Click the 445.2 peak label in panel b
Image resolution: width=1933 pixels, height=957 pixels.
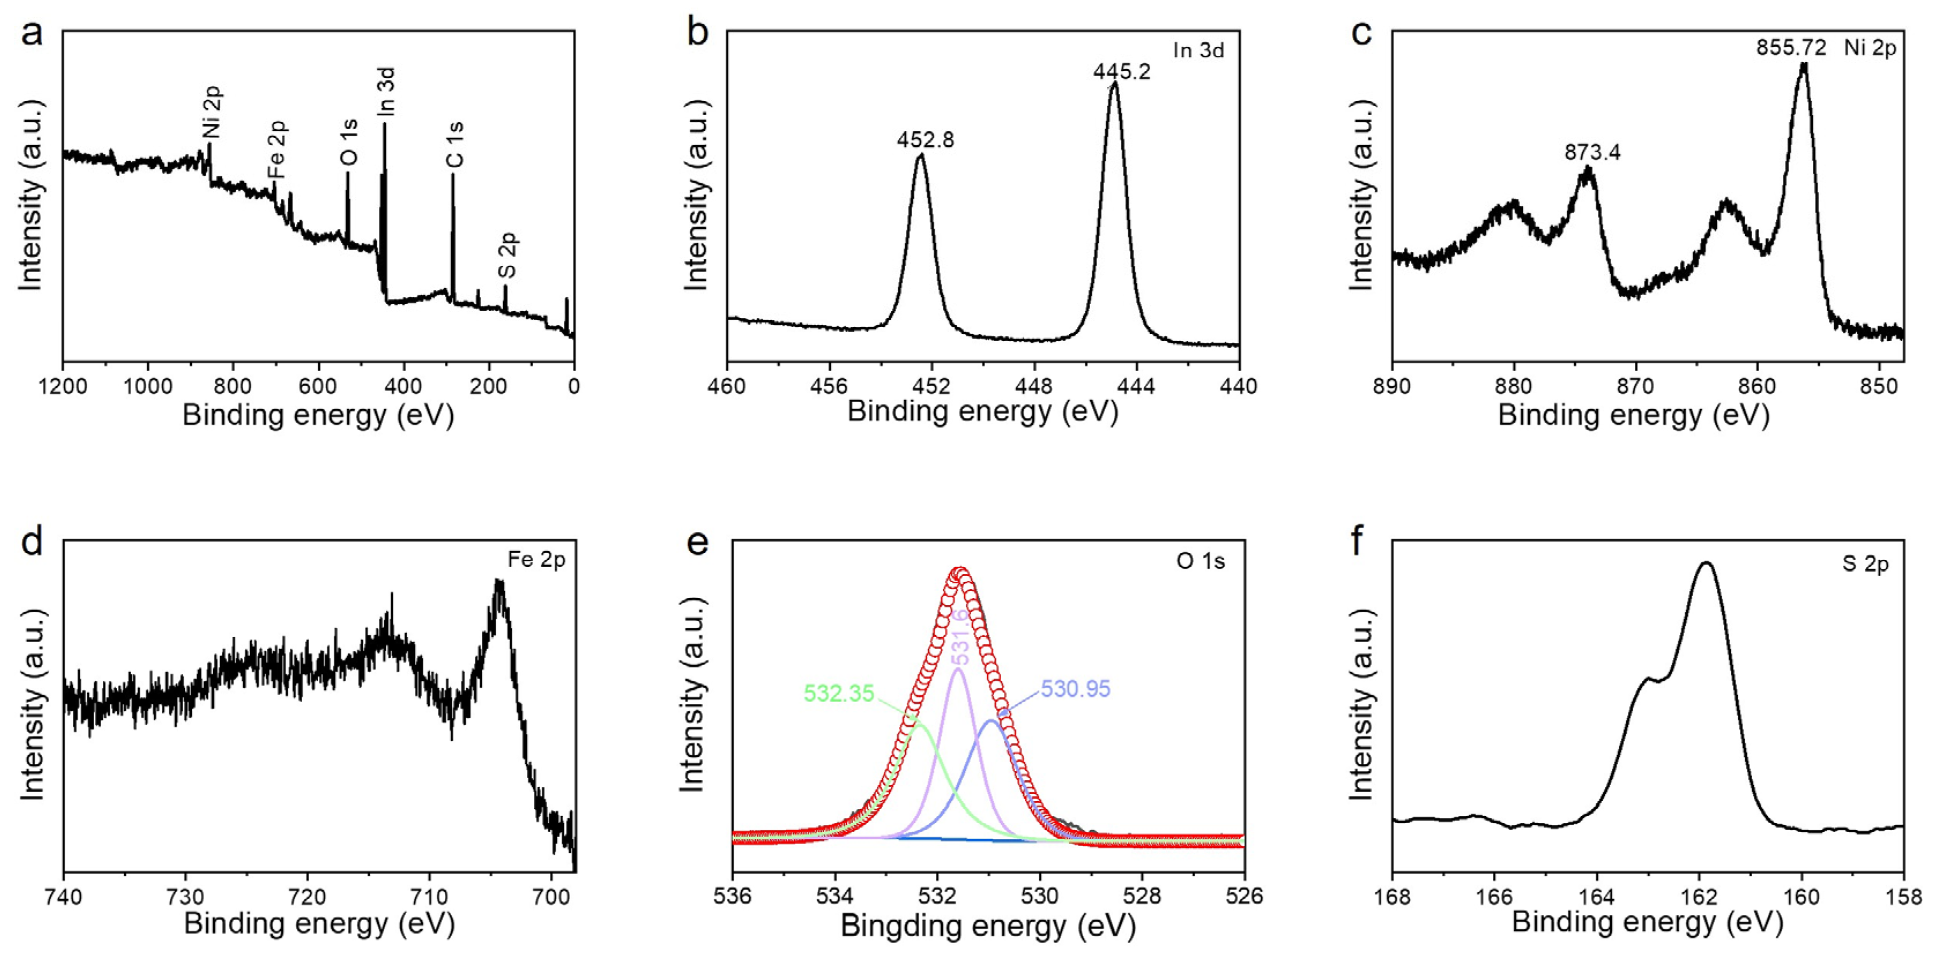coord(1121,72)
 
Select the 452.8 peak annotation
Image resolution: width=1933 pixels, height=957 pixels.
coord(925,140)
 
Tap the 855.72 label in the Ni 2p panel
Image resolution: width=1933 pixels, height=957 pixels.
coord(1790,48)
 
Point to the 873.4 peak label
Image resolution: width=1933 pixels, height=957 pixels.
coord(1592,153)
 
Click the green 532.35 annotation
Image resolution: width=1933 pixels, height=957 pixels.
coord(839,693)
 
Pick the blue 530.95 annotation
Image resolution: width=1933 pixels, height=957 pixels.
coord(1075,689)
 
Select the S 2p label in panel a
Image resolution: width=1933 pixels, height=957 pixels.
coord(508,255)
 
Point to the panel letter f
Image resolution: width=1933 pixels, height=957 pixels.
coord(1356,540)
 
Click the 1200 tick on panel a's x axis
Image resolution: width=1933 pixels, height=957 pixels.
coord(62,387)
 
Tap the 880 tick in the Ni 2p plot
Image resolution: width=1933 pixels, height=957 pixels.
coord(1514,387)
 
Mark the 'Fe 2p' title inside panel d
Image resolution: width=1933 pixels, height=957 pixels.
coord(536,560)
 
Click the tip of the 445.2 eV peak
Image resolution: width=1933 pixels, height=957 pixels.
coord(1114,83)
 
